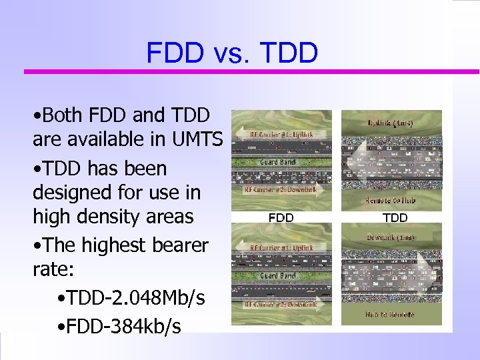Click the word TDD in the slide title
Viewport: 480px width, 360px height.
coord(289,53)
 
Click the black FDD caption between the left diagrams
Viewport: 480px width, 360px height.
coord(280,217)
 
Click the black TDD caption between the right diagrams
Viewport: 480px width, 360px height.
coord(395,217)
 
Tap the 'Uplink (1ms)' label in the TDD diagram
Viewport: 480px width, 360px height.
coord(391,123)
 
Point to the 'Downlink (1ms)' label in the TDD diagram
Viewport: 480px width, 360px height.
coord(391,238)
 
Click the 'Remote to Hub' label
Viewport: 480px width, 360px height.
coord(391,199)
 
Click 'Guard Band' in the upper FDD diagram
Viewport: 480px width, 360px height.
coord(278,161)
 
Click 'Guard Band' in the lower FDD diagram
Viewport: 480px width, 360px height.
coord(278,275)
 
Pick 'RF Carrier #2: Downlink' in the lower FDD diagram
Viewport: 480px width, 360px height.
coord(281,304)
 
